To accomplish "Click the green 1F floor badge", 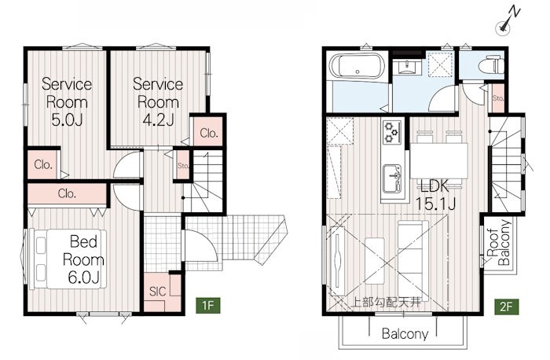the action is tap(208, 305).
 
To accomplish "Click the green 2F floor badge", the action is tap(507, 307).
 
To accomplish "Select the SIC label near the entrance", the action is tap(157, 292).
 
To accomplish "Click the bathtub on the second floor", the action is tap(357, 67).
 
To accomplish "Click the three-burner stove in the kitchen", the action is tap(392, 131).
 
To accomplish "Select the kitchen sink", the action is tap(392, 178).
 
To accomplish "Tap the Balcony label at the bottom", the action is tap(405, 334).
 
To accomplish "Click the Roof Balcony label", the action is tap(498, 242).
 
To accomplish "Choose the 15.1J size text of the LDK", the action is tap(435, 204).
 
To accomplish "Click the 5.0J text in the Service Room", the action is tap(67, 120).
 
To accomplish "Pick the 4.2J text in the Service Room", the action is tap(158, 120).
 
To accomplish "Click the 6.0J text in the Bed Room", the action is tap(83, 277).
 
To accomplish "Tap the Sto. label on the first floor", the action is tap(183, 166).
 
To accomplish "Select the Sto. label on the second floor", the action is tap(498, 98).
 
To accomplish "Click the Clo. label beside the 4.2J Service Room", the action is tap(209, 133).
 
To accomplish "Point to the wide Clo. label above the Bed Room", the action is tap(67, 193).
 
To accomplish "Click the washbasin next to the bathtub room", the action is tap(406, 67).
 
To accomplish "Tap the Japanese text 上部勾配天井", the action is tap(386, 302).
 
